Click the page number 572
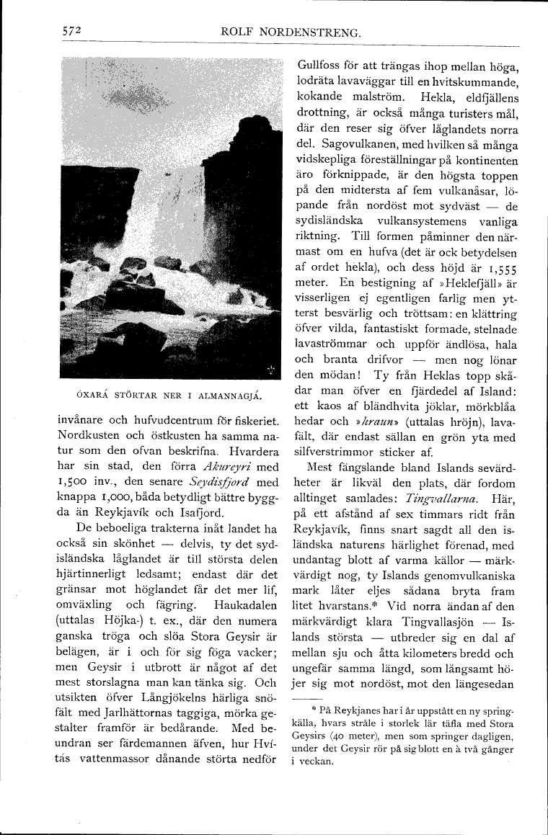click(x=70, y=31)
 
